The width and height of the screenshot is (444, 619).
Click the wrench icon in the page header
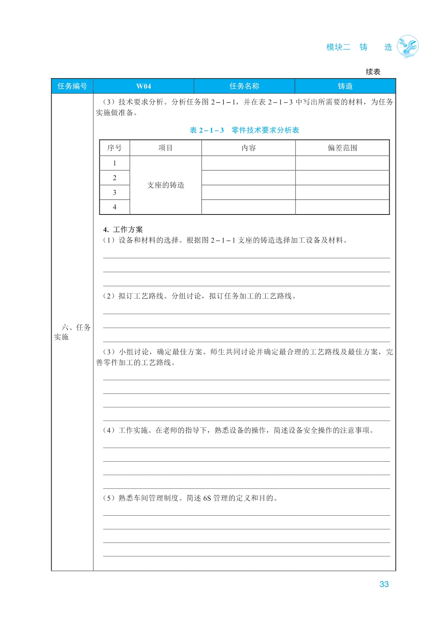(x=407, y=47)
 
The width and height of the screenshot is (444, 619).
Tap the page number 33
(x=384, y=584)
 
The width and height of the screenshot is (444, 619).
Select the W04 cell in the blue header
(x=143, y=86)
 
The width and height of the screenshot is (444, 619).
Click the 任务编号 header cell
(x=72, y=86)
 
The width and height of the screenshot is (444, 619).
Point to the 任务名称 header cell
(x=244, y=86)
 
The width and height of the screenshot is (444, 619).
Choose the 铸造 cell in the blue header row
(x=345, y=86)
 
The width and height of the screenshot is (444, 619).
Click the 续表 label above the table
(x=373, y=72)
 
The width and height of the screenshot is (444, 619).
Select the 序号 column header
(x=115, y=148)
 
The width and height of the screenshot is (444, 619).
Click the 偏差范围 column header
(x=342, y=148)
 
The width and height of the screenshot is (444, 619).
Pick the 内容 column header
(x=249, y=148)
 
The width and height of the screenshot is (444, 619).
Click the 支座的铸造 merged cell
(x=165, y=185)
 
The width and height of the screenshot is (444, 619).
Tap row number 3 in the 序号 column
(x=115, y=192)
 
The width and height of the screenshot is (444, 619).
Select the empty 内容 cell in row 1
(x=249, y=163)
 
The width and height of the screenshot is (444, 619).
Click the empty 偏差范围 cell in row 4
(x=342, y=207)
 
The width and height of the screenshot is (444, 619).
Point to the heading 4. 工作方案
(x=123, y=229)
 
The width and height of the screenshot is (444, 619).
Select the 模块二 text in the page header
(x=338, y=47)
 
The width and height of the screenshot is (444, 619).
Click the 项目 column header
(x=165, y=148)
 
